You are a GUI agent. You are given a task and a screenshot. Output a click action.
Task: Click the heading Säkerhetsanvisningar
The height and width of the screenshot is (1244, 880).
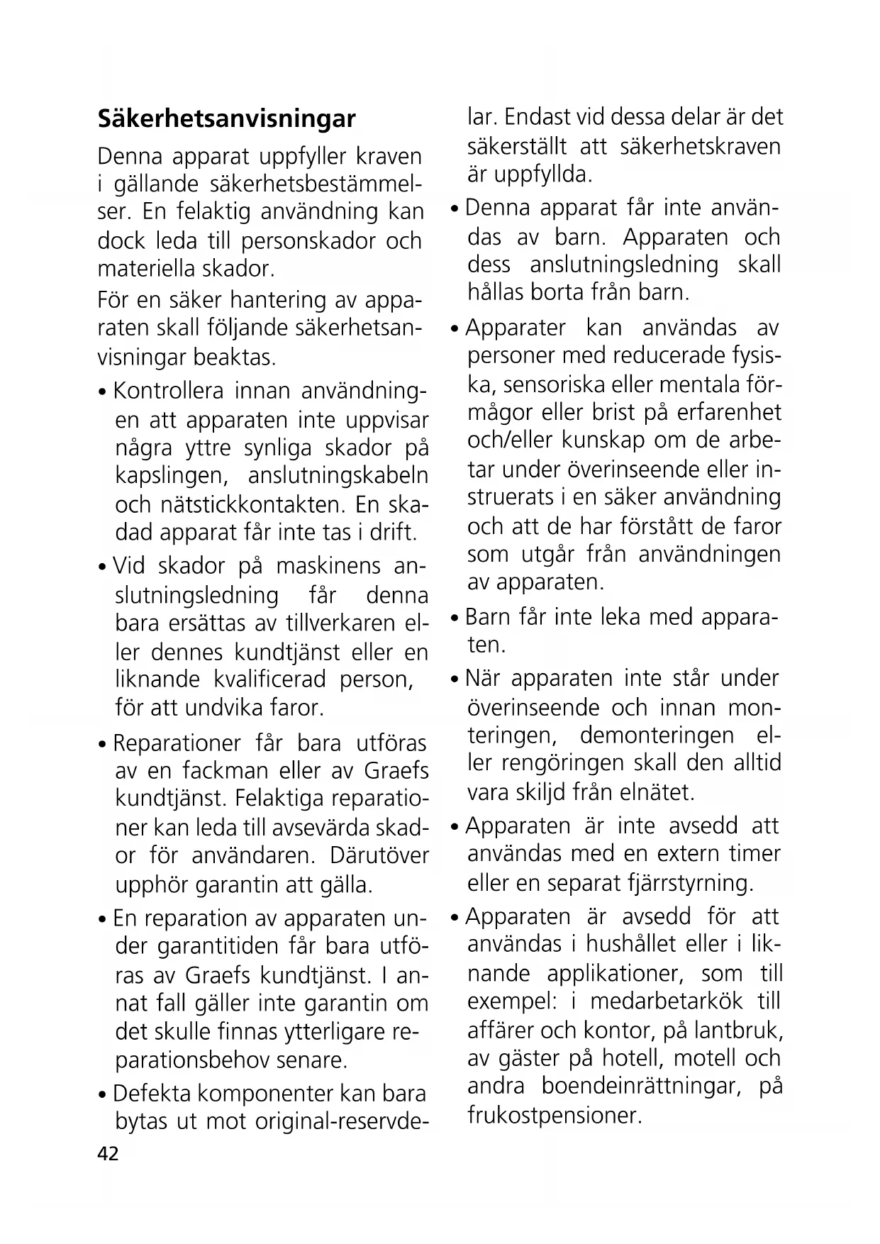(226, 118)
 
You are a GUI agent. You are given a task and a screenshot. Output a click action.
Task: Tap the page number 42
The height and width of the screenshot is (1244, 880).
(108, 1154)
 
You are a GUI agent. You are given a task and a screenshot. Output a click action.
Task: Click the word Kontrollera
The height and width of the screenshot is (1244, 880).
(169, 391)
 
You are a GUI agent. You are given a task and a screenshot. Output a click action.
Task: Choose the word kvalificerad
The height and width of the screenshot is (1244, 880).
(269, 679)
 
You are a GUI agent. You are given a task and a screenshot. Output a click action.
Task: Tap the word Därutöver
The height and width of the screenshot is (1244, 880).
(379, 855)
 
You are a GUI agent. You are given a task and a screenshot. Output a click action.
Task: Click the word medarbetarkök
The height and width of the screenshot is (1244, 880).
(667, 1001)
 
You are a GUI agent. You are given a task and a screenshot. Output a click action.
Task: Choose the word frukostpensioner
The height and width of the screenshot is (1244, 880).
(555, 1116)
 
